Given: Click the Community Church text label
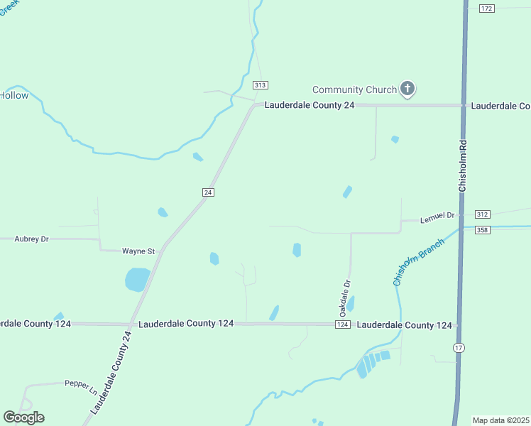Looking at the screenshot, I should pos(354,89).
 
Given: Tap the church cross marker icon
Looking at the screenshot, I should pos(407,89).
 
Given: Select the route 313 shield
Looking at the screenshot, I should pos(261,85).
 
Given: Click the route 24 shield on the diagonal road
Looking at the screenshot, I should pos(208,192).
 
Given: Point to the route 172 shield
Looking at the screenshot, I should pos(486,8).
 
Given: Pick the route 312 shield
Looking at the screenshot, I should pos(483,214).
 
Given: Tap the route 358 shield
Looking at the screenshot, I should pos(483,229).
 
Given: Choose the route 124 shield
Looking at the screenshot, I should pos(342,324).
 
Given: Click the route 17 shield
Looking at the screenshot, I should pos(459,346).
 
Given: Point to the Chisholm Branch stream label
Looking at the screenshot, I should pos(419,262).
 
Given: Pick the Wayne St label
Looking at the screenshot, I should pos(138,251).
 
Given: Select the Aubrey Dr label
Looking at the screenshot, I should pos(31,239).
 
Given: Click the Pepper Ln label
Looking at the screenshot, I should pos(80,383).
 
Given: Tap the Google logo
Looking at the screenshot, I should pos(23,417).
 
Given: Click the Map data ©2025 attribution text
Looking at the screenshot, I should pos(500,420).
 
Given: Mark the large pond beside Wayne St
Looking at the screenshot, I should pos(138,279).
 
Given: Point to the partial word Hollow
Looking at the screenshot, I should pos(14,95).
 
